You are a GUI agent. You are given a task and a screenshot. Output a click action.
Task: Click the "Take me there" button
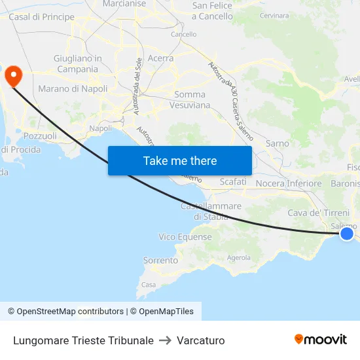point(180,161)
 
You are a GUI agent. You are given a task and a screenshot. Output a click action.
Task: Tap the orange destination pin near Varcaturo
point(12,76)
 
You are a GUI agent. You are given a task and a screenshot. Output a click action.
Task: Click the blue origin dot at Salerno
point(347,234)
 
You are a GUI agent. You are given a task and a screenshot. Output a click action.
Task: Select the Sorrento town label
point(160,261)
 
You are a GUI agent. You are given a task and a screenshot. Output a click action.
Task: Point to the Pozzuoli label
point(40,136)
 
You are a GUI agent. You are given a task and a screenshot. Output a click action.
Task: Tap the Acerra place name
point(160,58)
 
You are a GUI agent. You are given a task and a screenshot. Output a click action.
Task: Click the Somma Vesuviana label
point(190,99)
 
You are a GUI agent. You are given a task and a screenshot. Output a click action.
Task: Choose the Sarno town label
point(278,143)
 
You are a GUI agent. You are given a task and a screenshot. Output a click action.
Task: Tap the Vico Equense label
point(185,237)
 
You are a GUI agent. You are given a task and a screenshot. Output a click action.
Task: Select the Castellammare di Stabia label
point(210,211)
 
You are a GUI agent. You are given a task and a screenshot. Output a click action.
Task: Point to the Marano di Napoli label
point(73,88)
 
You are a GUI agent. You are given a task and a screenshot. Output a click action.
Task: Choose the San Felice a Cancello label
point(212,10)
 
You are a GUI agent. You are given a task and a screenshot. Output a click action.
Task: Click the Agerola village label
point(238,258)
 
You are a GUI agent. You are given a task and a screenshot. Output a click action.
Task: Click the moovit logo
point(320,340)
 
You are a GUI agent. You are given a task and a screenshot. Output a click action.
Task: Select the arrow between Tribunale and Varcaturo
point(165,340)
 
